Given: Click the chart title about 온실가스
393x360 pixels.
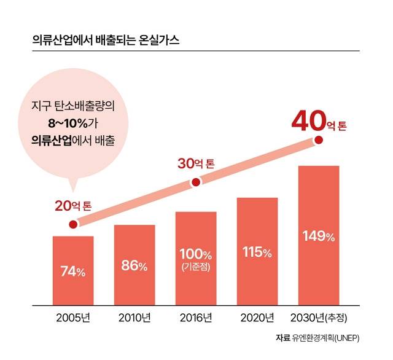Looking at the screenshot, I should click(106, 41).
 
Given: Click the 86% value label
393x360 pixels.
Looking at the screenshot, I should click(134, 266).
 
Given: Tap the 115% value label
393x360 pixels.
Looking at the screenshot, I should click(257, 252).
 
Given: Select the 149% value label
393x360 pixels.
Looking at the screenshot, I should click(319, 237).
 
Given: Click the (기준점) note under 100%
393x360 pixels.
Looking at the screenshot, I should click(196, 267).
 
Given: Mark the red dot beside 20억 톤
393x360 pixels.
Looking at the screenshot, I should click(73, 224).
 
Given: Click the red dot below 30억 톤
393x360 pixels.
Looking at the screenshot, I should click(196, 182).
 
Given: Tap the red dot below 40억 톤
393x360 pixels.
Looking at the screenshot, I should click(318, 140).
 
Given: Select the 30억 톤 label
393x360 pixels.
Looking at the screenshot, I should click(196, 164).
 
